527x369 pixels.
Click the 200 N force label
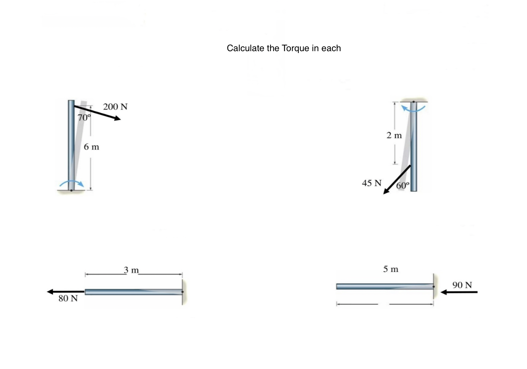(115, 107)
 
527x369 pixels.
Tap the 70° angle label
(84, 117)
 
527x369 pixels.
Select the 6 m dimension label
(91, 147)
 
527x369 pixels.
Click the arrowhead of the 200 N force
(118, 118)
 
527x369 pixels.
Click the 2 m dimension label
(394, 135)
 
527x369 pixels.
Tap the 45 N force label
(371, 183)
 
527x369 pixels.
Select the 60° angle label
(403, 185)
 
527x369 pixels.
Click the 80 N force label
(68, 299)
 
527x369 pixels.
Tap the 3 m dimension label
(131, 270)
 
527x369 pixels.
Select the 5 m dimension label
(390, 269)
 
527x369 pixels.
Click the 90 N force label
(462, 285)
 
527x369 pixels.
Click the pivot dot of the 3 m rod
(182, 292)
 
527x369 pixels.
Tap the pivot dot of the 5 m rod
(433, 287)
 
